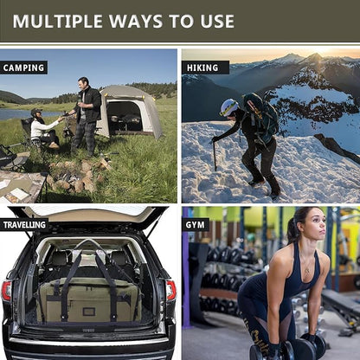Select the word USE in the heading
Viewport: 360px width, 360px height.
[212, 21]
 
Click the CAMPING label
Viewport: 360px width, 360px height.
[24, 67]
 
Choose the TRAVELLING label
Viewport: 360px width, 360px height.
[25, 225]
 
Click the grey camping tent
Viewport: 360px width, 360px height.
[130, 111]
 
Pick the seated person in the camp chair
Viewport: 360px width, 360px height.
[42, 128]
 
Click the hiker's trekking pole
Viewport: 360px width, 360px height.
[215, 156]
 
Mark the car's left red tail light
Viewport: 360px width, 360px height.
[7, 290]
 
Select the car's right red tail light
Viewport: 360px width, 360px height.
[170, 290]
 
